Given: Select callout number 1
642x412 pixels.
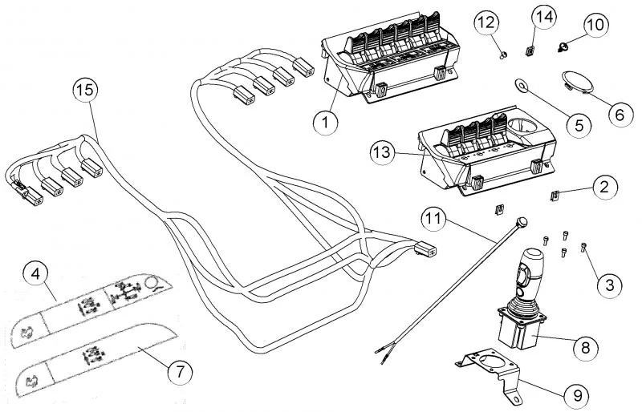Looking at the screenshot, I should pyautogui.click(x=327, y=123).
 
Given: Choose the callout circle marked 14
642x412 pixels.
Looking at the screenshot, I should pyautogui.click(x=544, y=16).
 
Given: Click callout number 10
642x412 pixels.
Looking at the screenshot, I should pyautogui.click(x=595, y=26).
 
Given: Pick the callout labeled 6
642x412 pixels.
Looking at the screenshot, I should pyautogui.click(x=619, y=114).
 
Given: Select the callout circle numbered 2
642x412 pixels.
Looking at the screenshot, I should pyautogui.click(x=604, y=188).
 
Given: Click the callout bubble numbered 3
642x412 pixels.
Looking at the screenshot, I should pyautogui.click(x=609, y=283).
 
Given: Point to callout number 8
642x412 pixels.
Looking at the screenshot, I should pyautogui.click(x=584, y=347).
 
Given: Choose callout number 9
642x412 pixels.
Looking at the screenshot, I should pyautogui.click(x=576, y=395).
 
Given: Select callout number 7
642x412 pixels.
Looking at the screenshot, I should pyautogui.click(x=180, y=370).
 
